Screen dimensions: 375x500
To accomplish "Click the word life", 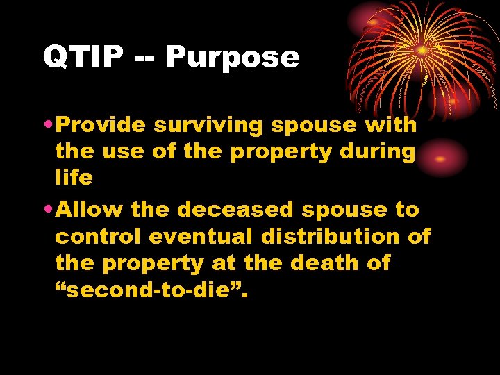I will click(x=74, y=178).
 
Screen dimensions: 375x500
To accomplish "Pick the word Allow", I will click(x=89, y=210).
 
